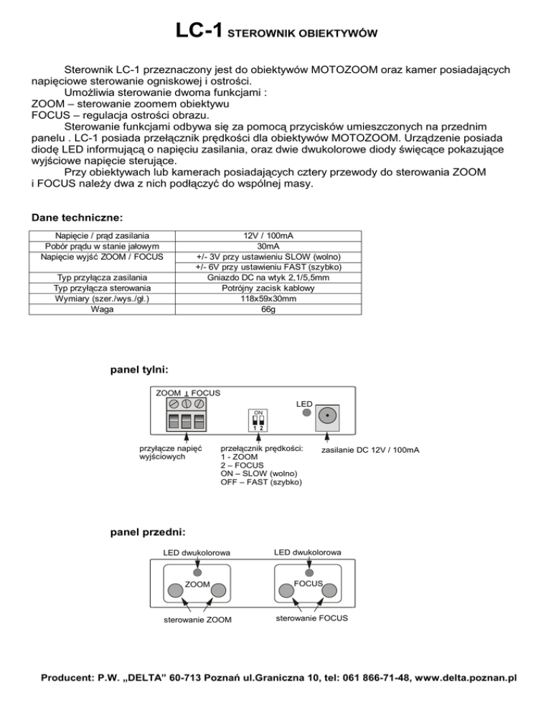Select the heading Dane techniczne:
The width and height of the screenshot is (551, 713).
(77, 217)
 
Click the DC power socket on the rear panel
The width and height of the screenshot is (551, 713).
(328, 415)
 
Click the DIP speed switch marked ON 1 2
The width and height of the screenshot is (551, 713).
(259, 420)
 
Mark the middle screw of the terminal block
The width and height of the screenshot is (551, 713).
(187, 405)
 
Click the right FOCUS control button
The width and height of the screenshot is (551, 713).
(329, 590)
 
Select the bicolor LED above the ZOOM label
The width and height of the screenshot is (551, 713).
(198, 574)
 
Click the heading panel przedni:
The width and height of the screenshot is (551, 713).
(148, 532)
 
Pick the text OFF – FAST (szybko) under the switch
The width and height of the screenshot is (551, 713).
(261, 482)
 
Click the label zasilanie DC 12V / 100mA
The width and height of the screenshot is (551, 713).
(370, 450)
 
